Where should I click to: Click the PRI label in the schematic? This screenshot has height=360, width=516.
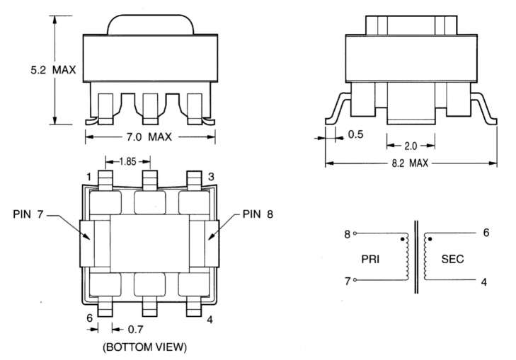pos(372,259)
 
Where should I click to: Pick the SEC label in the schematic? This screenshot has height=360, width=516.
pos(452,259)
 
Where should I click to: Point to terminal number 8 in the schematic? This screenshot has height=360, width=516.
pos(347,233)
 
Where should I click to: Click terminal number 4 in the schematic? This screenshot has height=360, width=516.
pos(484,281)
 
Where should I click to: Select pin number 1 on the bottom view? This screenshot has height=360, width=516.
pos(89,175)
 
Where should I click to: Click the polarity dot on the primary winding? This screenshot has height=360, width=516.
pos(403,240)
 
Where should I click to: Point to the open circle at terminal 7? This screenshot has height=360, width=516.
pos(355,281)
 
